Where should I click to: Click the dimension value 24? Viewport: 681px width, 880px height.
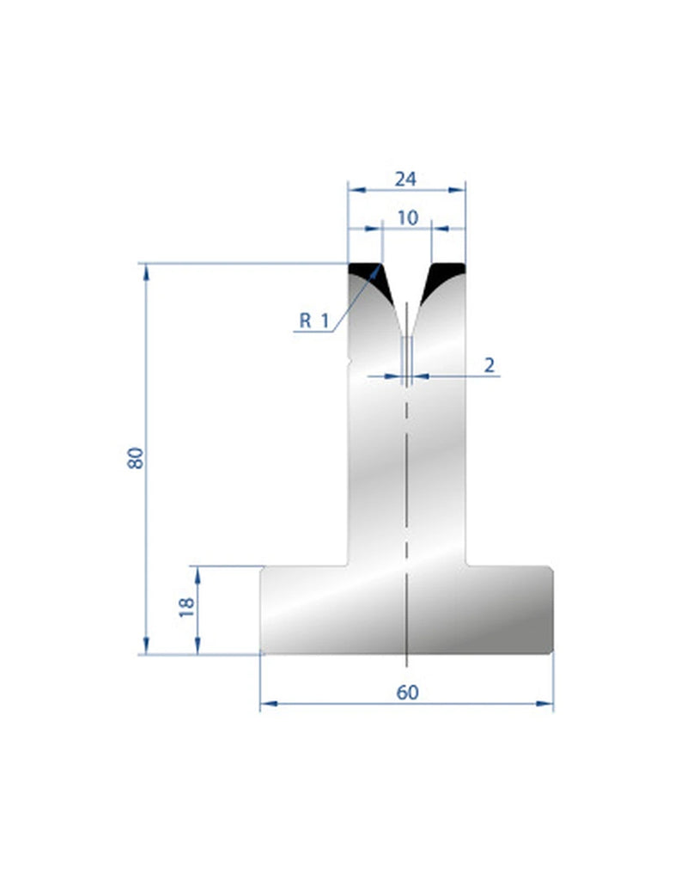pos(405,180)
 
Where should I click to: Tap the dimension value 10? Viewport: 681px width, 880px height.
pos(407,218)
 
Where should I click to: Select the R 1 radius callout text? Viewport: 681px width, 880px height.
pos(313,321)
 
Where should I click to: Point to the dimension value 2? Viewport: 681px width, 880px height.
pos(489,365)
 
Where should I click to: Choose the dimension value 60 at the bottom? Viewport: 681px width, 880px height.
pos(408,693)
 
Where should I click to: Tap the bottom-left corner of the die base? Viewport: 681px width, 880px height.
pos(262,651)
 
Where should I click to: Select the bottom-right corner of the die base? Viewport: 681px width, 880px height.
pos(550,651)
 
